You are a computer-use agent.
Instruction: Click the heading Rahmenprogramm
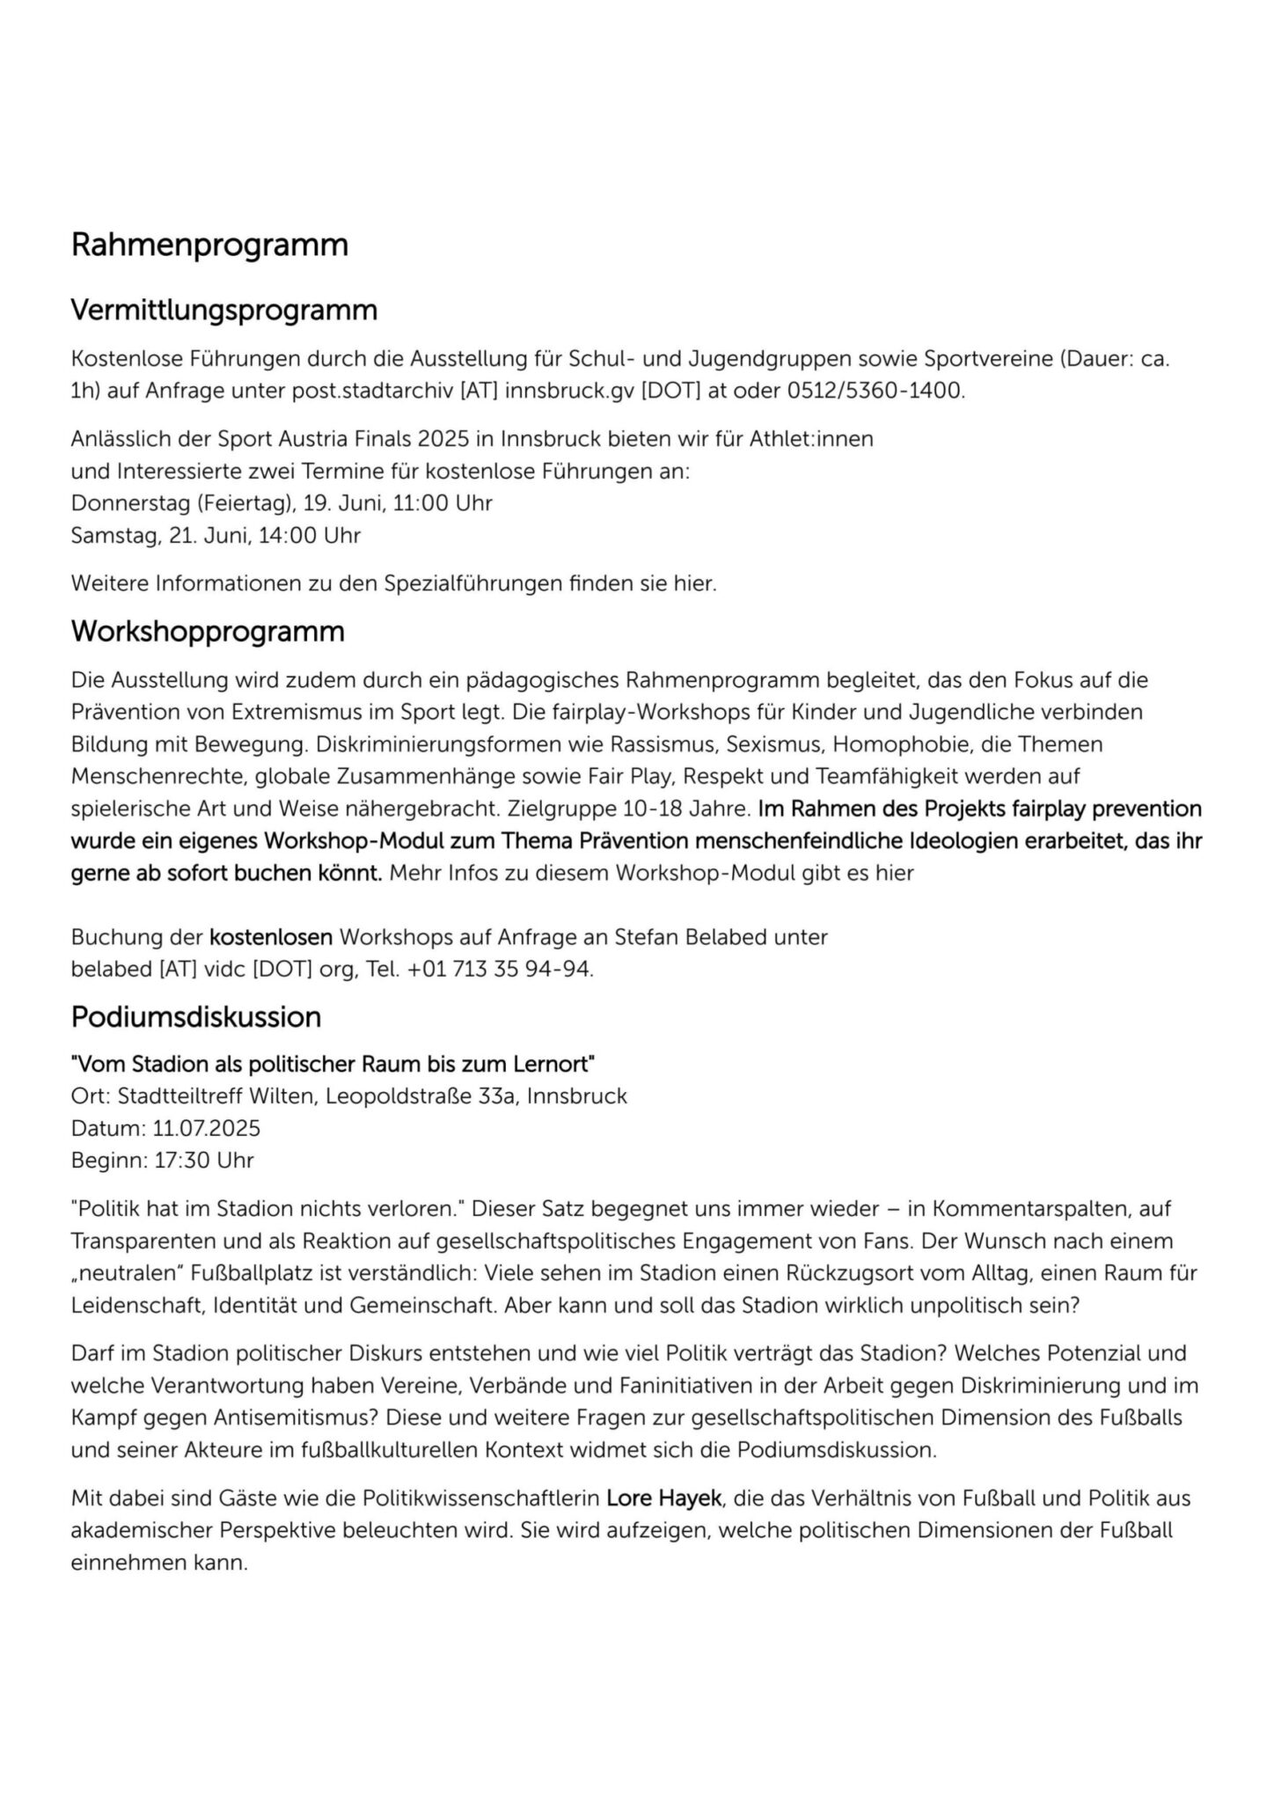point(209,245)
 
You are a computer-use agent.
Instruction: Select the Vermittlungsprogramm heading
point(223,310)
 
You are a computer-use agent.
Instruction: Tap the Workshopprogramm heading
point(208,632)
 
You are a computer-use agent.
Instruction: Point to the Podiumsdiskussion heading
point(196,1017)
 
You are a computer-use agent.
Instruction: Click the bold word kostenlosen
point(271,937)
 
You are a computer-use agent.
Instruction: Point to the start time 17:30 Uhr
point(204,1160)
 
